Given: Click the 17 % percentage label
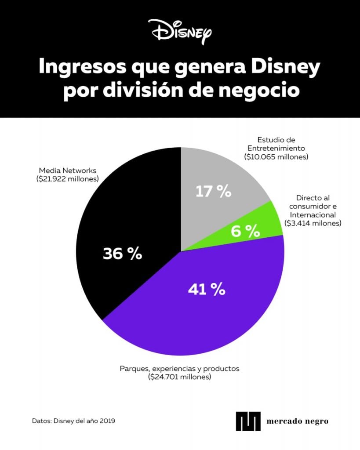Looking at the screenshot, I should click(x=213, y=192).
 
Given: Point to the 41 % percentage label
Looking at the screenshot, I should click(x=206, y=289).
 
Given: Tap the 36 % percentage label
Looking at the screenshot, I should click(x=122, y=254).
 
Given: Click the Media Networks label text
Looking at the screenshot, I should click(x=67, y=170).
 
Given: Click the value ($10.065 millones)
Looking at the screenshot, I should click(x=276, y=156).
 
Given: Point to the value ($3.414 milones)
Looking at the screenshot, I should click(x=313, y=223).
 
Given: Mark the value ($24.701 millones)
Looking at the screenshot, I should click(x=180, y=377).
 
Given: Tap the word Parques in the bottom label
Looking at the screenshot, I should click(x=134, y=369).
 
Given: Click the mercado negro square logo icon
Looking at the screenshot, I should click(x=248, y=421).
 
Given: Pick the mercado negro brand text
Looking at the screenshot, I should click(x=297, y=421).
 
